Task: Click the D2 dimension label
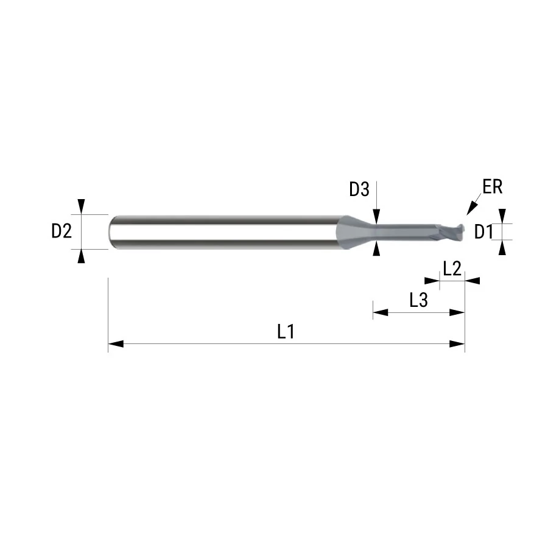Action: point(61,231)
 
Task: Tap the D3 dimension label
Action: point(359,189)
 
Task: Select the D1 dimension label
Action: point(483,232)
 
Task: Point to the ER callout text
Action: point(493,187)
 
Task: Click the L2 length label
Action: point(452,269)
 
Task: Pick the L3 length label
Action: point(419,300)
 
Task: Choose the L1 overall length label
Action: point(286,332)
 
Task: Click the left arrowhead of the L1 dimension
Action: point(116,344)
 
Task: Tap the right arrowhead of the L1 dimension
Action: point(457,344)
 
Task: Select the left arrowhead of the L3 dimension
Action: point(381,312)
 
